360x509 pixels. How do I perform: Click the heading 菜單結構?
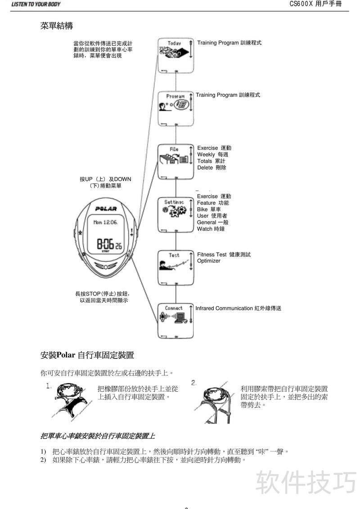coord(57,26)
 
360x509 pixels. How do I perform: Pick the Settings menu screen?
coord(175,214)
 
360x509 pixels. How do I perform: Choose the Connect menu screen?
coord(175,320)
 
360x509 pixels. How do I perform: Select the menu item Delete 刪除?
coord(211,168)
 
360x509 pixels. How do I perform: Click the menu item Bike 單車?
coord(209,210)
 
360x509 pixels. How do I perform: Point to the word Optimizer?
coord(209,261)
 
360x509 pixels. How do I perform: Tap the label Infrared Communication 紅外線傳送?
coord(238,308)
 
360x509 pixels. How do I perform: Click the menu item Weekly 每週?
coord(213,155)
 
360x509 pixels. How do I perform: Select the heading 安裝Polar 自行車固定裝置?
coord(87,355)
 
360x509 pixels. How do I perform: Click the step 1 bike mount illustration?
coord(72,399)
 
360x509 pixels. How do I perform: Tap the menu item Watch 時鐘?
coord(211,229)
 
